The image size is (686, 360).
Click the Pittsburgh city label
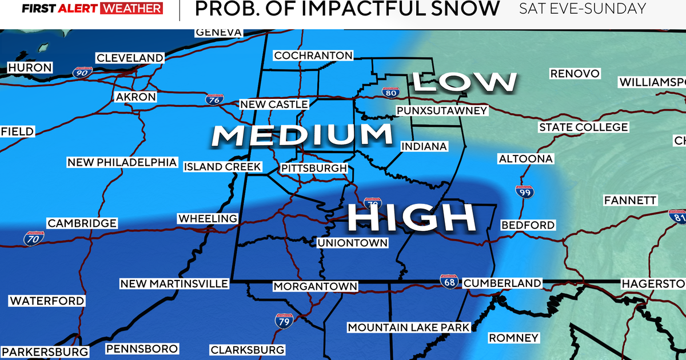(314, 169)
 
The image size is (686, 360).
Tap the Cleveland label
(130, 58)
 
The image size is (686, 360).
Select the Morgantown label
(315, 286)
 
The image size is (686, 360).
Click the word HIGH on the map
(412, 217)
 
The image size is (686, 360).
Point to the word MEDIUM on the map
(302, 135)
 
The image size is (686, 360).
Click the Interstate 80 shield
(390, 91)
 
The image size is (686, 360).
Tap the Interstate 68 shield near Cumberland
(449, 281)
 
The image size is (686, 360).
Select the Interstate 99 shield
(524, 193)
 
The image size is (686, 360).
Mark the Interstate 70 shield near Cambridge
(32, 239)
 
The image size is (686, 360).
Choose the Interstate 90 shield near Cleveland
(81, 71)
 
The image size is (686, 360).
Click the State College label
(583, 127)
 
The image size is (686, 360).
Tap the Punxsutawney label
(441, 110)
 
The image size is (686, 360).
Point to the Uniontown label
(352, 243)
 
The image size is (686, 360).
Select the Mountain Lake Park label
(408, 327)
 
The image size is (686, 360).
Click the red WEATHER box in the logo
(131, 9)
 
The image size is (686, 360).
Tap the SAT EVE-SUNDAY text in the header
(583, 9)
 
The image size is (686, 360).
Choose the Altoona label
(525, 158)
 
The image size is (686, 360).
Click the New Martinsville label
(174, 284)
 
